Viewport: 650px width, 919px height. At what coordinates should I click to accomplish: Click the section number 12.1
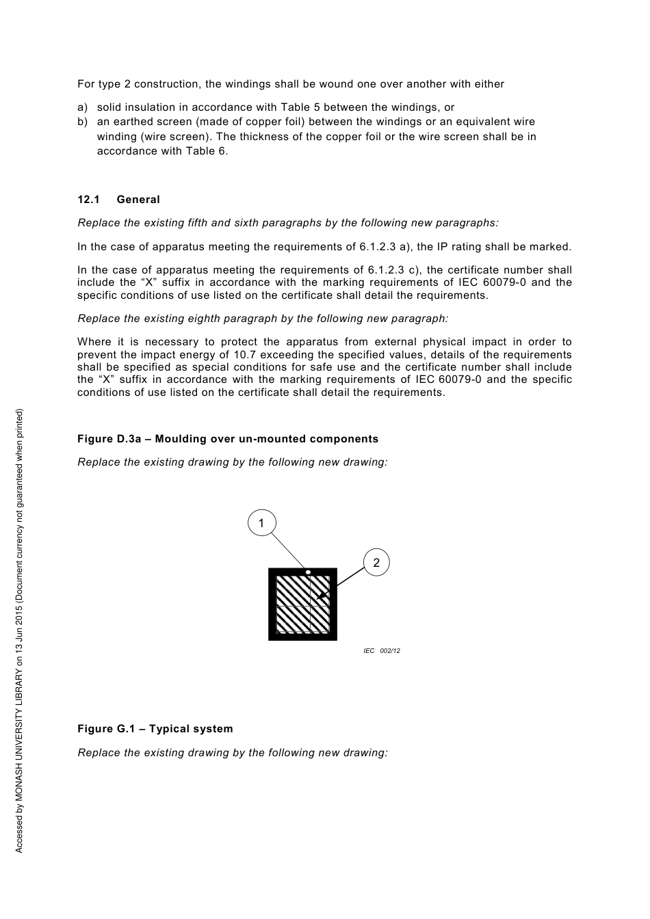point(88,200)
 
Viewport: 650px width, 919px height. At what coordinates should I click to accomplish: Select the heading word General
point(138,200)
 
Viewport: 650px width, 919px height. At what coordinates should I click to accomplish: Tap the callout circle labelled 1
point(261,523)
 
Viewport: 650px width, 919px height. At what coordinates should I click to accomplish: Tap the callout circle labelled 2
point(376,563)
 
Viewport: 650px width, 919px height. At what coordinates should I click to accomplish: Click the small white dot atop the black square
point(309,572)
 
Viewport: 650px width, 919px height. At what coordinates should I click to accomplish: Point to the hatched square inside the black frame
point(302,604)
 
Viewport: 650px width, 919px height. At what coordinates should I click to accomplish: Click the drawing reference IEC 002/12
point(381,651)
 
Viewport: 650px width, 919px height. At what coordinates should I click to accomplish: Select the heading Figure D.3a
point(109,439)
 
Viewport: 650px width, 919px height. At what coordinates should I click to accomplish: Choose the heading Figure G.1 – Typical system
point(155,729)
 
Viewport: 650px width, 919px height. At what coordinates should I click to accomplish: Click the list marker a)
point(83,107)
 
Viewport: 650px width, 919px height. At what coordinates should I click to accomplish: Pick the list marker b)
point(83,122)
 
